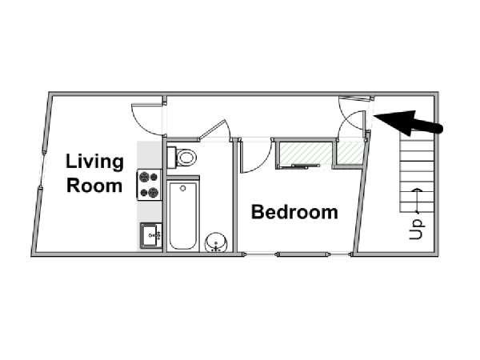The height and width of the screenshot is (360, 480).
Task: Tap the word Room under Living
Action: coord(94,186)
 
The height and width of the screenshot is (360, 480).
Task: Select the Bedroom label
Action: coord(294,212)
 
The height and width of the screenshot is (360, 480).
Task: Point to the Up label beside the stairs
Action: coord(416,230)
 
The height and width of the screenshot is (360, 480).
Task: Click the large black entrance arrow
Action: coord(408,122)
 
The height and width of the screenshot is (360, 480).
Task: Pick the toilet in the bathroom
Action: coord(182,158)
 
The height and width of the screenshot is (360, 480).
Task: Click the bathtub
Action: coord(182,215)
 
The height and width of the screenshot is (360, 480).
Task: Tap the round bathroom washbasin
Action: coord(216,242)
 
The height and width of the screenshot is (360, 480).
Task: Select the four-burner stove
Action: coord(149,185)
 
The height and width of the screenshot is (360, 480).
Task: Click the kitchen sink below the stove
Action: coord(151,235)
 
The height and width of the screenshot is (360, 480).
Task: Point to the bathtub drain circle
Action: coord(183,188)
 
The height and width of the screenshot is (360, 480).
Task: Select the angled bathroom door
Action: coord(214,130)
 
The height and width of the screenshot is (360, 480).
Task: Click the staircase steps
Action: coord(417,176)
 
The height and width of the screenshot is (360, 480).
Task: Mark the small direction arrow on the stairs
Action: coord(416,201)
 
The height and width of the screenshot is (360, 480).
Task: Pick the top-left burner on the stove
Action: coord(144,177)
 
